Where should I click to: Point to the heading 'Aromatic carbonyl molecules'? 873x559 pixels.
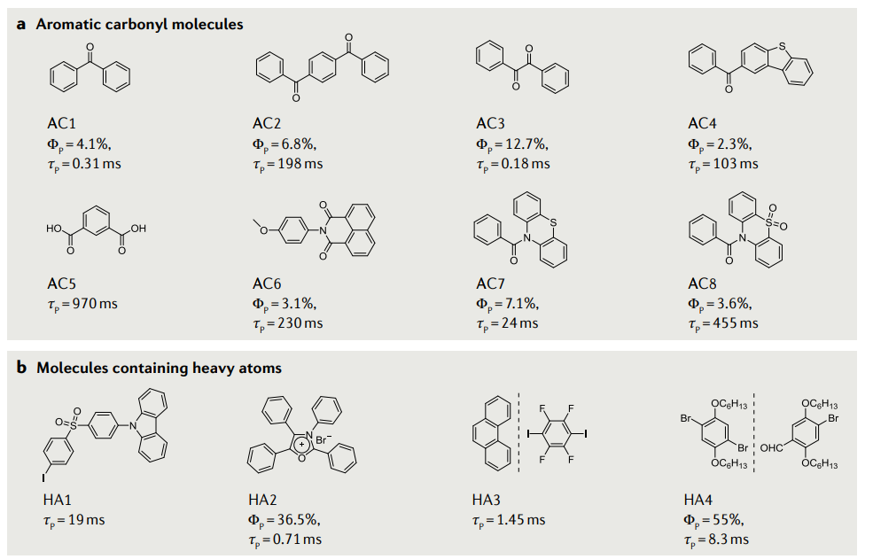click(x=139, y=25)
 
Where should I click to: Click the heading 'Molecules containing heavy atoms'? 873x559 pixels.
click(x=160, y=368)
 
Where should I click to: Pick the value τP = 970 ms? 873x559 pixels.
click(x=82, y=304)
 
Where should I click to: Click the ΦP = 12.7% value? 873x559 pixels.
click(x=515, y=144)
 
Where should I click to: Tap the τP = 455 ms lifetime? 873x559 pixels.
click(x=723, y=323)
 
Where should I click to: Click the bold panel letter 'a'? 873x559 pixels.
click(x=21, y=25)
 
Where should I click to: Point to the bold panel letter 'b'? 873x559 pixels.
click(x=21, y=368)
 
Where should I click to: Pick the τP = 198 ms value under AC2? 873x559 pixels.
click(x=289, y=164)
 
